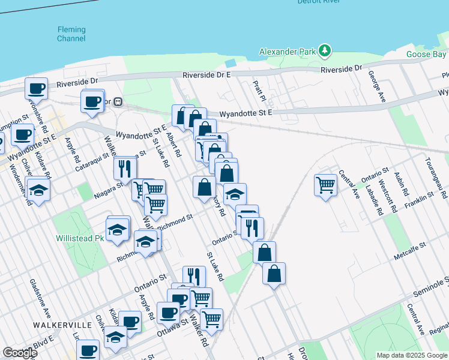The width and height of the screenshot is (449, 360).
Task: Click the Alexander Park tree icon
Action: (x=325, y=50)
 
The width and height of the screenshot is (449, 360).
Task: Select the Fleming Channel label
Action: (x=71, y=34)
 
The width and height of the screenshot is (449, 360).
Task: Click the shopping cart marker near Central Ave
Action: (x=325, y=184)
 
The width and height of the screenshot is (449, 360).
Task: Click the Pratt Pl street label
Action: (x=259, y=91)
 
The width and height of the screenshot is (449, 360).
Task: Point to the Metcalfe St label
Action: (x=409, y=245)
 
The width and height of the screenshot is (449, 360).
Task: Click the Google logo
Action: (x=20, y=353)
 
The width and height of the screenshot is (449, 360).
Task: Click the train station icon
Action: (x=119, y=102)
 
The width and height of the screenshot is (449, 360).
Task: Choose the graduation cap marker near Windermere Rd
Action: (x=38, y=191)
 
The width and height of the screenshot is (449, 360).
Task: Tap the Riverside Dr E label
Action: (x=206, y=75)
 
